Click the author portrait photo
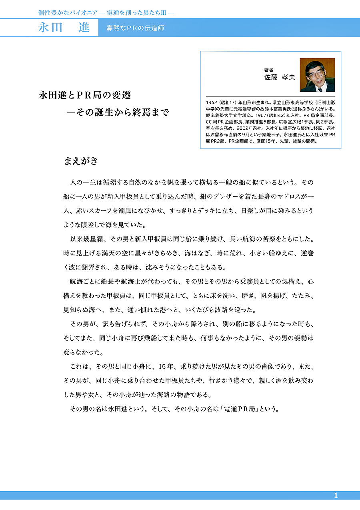click(317, 75)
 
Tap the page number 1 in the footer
click(336, 496)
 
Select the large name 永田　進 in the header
click(64, 28)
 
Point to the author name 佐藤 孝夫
click(279, 77)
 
